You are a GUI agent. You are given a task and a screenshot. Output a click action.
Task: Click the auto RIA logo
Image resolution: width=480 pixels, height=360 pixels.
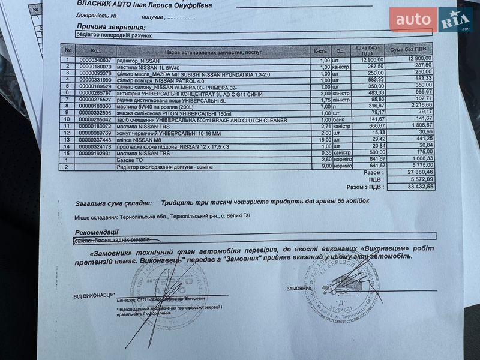click(x=430, y=20)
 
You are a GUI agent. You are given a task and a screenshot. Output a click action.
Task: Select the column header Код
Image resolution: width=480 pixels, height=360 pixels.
click(x=97, y=50)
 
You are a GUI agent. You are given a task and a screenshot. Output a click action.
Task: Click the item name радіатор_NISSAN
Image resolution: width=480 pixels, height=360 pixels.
click(x=142, y=59)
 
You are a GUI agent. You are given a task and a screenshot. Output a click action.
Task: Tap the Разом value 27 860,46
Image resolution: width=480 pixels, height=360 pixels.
click(x=419, y=172)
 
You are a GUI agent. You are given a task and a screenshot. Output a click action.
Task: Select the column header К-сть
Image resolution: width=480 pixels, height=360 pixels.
click(x=320, y=50)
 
